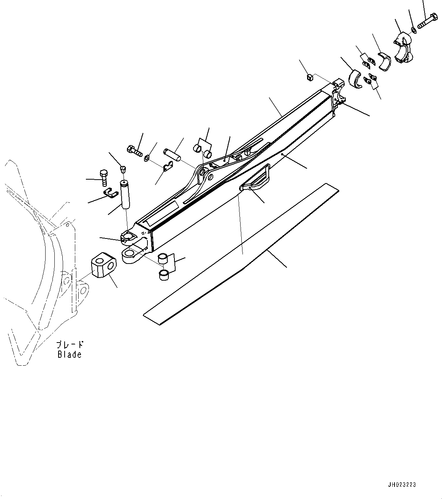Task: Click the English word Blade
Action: click(x=70, y=354)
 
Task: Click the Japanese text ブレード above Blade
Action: click(x=70, y=344)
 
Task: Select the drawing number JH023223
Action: click(x=402, y=485)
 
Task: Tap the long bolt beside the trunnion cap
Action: click(x=427, y=20)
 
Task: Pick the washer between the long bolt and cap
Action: click(x=413, y=30)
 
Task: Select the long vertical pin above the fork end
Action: click(x=125, y=194)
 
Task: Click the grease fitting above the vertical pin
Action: click(x=122, y=169)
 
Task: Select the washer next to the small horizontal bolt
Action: click(x=147, y=158)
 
